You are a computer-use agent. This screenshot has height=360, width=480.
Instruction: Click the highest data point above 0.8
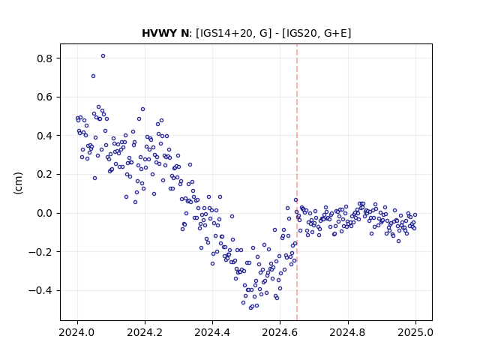click(103, 56)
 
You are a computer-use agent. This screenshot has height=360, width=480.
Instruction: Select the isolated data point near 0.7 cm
click(93, 76)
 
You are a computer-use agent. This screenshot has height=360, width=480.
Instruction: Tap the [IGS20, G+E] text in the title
click(316, 33)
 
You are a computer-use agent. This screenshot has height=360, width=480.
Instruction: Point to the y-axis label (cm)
click(18, 183)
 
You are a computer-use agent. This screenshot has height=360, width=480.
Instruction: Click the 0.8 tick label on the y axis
click(44, 58)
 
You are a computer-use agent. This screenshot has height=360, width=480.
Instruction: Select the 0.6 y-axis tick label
click(44, 97)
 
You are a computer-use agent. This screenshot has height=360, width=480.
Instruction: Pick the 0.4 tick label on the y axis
click(44, 136)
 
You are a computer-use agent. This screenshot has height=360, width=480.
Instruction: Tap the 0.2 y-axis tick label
click(44, 175)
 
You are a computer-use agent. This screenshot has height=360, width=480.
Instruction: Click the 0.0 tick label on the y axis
click(44, 213)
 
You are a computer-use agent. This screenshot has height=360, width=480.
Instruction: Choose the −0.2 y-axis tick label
click(40, 252)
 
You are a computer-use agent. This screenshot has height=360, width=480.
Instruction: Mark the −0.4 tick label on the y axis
click(40, 290)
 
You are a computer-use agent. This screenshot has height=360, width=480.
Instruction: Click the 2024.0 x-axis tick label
click(77, 332)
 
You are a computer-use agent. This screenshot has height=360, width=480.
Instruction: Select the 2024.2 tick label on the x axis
click(145, 332)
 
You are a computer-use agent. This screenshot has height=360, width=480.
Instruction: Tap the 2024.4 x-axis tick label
click(212, 332)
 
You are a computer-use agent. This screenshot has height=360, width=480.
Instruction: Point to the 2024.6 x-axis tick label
click(280, 332)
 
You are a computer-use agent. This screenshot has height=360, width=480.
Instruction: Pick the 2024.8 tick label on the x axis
click(348, 332)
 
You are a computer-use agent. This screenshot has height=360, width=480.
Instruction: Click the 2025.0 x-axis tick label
click(415, 332)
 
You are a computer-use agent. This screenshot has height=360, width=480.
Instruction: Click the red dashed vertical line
click(297, 182)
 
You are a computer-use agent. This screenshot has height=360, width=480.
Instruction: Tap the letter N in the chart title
click(185, 33)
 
